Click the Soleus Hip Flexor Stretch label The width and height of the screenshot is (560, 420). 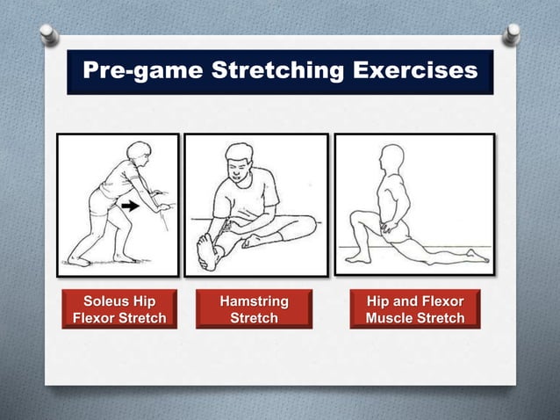119,309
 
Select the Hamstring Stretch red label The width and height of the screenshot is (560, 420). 254,309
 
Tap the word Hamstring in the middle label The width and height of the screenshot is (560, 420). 254,301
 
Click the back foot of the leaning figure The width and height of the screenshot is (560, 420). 77,261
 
